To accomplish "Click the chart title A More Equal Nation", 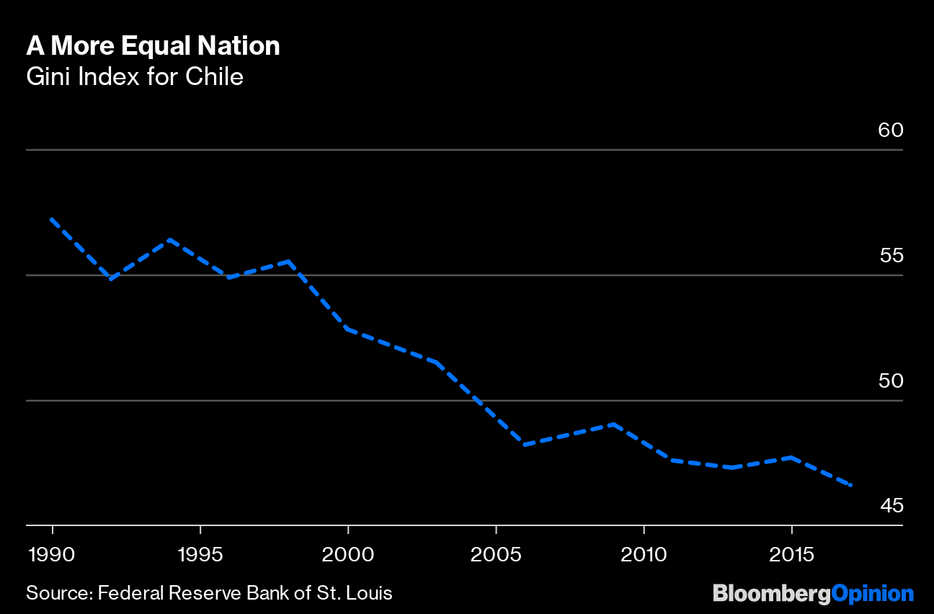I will coord(153,46).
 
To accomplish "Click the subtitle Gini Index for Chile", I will coord(135,76).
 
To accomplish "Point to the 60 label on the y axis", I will coord(891,130).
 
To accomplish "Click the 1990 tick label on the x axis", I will coord(53,555).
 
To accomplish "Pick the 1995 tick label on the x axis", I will coord(200,555).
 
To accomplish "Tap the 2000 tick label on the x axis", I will coord(348,555).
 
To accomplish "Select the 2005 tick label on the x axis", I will coord(496,555).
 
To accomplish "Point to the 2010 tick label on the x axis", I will coord(644,555).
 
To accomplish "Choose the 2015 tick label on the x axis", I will coord(791,555).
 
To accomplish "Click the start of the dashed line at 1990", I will coord(52,219).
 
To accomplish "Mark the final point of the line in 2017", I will coord(851,485).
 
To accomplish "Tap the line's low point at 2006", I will coord(525,445).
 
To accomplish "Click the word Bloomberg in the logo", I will coord(771,594).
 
